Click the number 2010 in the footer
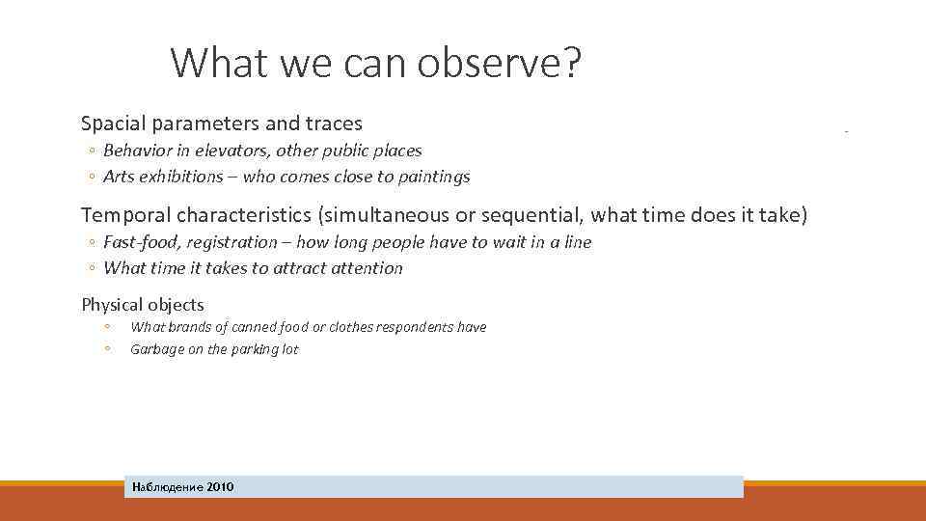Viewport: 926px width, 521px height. pos(220,487)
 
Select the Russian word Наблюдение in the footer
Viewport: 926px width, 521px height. pos(168,487)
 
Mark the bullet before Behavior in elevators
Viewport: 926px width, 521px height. pos(89,151)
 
